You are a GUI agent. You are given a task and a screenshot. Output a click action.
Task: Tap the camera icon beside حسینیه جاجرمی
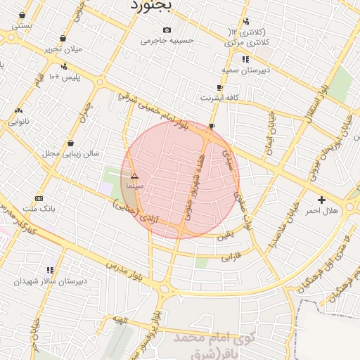point(167,30)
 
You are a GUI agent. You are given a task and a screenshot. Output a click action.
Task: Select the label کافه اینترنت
point(219,97)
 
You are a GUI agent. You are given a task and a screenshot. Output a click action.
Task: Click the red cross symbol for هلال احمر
point(321,200)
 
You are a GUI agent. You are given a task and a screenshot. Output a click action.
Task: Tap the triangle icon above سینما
point(134,176)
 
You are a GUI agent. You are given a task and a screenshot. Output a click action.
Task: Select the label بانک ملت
point(39,209)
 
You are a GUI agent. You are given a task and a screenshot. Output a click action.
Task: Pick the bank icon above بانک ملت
point(39,198)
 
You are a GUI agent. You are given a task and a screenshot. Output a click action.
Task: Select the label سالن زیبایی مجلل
point(71,153)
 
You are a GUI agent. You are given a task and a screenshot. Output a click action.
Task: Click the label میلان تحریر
point(63,49)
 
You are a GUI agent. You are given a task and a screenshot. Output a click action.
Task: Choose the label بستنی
point(22,25)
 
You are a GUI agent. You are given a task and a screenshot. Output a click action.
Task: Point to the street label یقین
point(226,236)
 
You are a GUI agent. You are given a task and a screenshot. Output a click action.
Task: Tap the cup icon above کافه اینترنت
point(219,87)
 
